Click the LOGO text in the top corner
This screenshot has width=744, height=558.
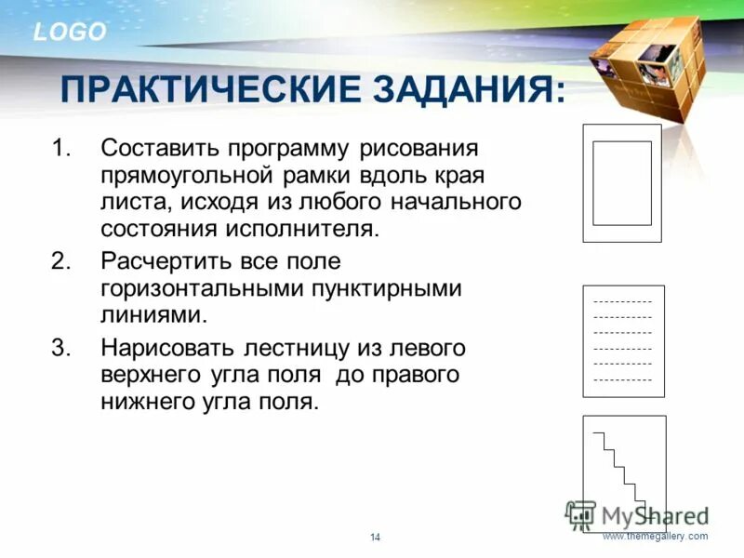[70, 33]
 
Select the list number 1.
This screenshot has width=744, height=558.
[60, 149]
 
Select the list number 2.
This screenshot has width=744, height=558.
[60, 262]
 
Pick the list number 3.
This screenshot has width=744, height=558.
[60, 348]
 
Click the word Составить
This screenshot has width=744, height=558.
[158, 149]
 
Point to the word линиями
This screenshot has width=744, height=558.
[152, 315]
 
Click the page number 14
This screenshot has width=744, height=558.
[376, 538]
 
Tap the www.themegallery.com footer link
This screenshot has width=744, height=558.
[655, 537]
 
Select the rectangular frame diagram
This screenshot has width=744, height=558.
[622, 183]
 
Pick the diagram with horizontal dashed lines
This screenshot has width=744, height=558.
[622, 341]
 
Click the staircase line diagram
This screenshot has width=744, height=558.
[624, 473]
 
